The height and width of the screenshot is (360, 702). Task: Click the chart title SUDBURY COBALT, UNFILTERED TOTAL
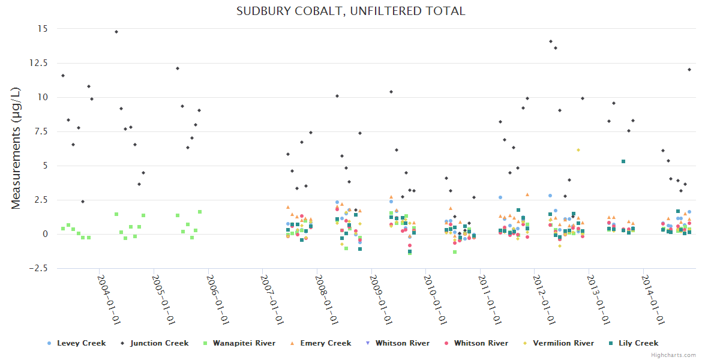350,11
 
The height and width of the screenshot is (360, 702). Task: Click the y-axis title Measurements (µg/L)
16,148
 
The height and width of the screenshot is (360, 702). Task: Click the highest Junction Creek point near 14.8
116,32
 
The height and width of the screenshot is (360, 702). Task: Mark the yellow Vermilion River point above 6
578,150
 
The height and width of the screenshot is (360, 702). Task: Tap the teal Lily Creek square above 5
623,161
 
